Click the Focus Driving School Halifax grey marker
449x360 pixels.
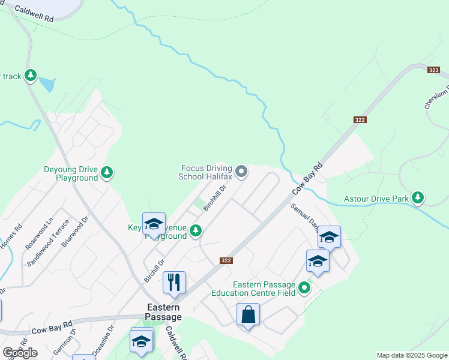pos(241,172)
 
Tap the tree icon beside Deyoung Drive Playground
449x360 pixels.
pos(107,173)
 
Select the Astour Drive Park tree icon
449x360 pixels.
pos(418,197)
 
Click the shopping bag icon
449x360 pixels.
pos(248,314)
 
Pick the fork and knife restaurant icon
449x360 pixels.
pos(174,282)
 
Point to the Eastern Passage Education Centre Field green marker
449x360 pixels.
pos(304,289)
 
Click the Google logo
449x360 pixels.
pos(20,353)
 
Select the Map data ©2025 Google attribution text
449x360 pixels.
pos(412,355)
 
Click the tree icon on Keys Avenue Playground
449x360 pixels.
pos(194,230)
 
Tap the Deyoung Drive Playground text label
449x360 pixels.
pos(71,174)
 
